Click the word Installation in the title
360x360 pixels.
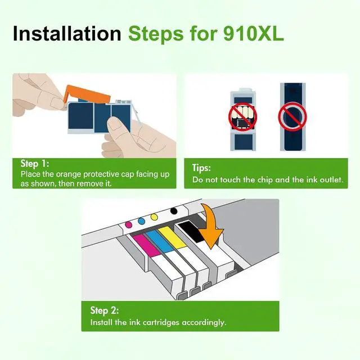(x=67, y=34)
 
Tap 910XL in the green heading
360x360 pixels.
(x=254, y=34)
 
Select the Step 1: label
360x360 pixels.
(x=35, y=164)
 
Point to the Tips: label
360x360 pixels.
(x=201, y=168)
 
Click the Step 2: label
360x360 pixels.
(x=105, y=310)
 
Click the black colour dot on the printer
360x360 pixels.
(x=174, y=211)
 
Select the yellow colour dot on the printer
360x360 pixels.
(x=154, y=217)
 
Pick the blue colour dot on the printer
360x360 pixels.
(x=141, y=221)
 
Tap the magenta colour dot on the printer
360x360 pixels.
(x=129, y=224)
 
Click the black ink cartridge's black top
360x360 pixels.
(x=191, y=231)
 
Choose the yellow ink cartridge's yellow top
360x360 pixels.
(x=173, y=238)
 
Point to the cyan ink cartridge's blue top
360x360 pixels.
(x=160, y=242)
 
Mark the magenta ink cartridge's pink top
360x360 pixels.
(x=146, y=245)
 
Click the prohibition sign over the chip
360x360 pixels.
(x=242, y=117)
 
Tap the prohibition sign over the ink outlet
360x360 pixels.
(x=292, y=117)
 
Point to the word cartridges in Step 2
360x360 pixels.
(x=161, y=322)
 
